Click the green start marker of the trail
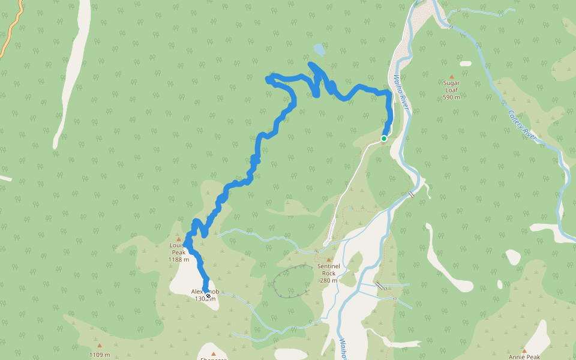384,139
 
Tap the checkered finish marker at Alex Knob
208,296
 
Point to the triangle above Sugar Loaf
451,77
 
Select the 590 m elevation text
451,97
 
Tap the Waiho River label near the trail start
400,93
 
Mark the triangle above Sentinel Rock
328,259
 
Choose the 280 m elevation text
329,280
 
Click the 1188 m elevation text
179,260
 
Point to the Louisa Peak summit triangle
178,239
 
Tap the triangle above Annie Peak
524,350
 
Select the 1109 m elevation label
100,355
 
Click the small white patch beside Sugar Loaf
466,64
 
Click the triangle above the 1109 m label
100,346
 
